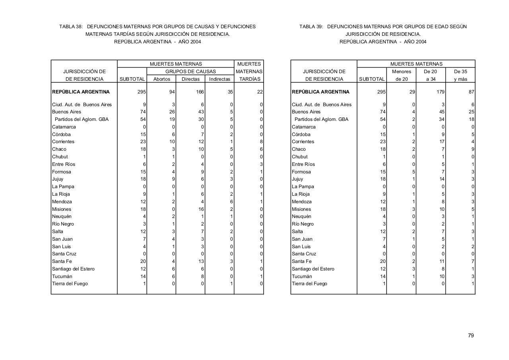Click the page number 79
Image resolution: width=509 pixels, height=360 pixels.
[471, 336]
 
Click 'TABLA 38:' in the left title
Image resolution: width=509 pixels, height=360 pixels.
[71, 27]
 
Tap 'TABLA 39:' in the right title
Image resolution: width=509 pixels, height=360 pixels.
[311, 27]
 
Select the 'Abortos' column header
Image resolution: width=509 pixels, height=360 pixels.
[161, 79]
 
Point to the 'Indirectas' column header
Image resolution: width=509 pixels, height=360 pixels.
[220, 79]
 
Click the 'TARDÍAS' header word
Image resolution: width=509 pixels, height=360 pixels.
[249, 79]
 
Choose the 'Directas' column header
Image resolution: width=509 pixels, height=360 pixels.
[190, 79]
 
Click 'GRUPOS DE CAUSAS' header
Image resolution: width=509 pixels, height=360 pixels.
[190, 72]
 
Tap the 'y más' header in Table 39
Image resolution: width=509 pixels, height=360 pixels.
[460, 79]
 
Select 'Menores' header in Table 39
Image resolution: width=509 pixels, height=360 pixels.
[401, 72]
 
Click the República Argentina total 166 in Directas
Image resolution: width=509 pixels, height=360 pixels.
[200, 92]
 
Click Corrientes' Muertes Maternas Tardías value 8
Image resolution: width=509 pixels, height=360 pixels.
[261, 142]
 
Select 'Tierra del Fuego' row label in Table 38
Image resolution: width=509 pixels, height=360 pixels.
[70, 284]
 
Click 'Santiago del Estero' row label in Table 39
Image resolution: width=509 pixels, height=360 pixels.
[313, 269]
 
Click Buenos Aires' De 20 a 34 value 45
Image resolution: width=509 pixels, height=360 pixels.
[441, 112]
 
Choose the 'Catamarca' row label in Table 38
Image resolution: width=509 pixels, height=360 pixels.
[64, 127]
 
